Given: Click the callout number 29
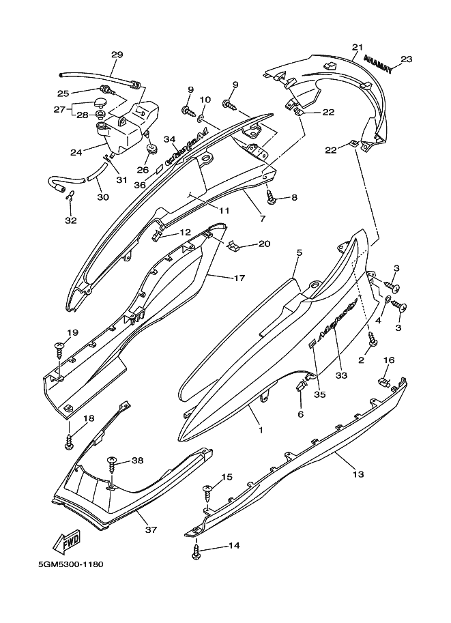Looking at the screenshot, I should [117, 55].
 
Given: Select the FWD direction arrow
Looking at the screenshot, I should [66, 542].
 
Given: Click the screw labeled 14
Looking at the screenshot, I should [197, 551].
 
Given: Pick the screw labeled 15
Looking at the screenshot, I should [207, 490].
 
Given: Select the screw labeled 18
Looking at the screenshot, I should [69, 439].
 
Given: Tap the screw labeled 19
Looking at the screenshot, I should [59, 349].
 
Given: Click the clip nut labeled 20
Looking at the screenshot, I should [233, 244].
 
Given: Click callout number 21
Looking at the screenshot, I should [356, 47].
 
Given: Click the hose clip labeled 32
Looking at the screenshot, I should [70, 198].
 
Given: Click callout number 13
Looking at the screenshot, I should [359, 474].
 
